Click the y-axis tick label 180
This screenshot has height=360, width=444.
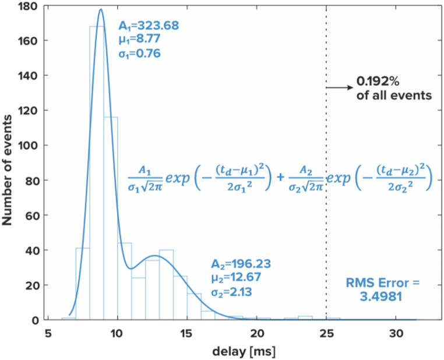pos(29,6)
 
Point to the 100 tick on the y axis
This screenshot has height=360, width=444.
pos(29,145)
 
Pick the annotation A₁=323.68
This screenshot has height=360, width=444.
pos(149,26)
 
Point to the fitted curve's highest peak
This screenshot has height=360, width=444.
pos(101,9)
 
